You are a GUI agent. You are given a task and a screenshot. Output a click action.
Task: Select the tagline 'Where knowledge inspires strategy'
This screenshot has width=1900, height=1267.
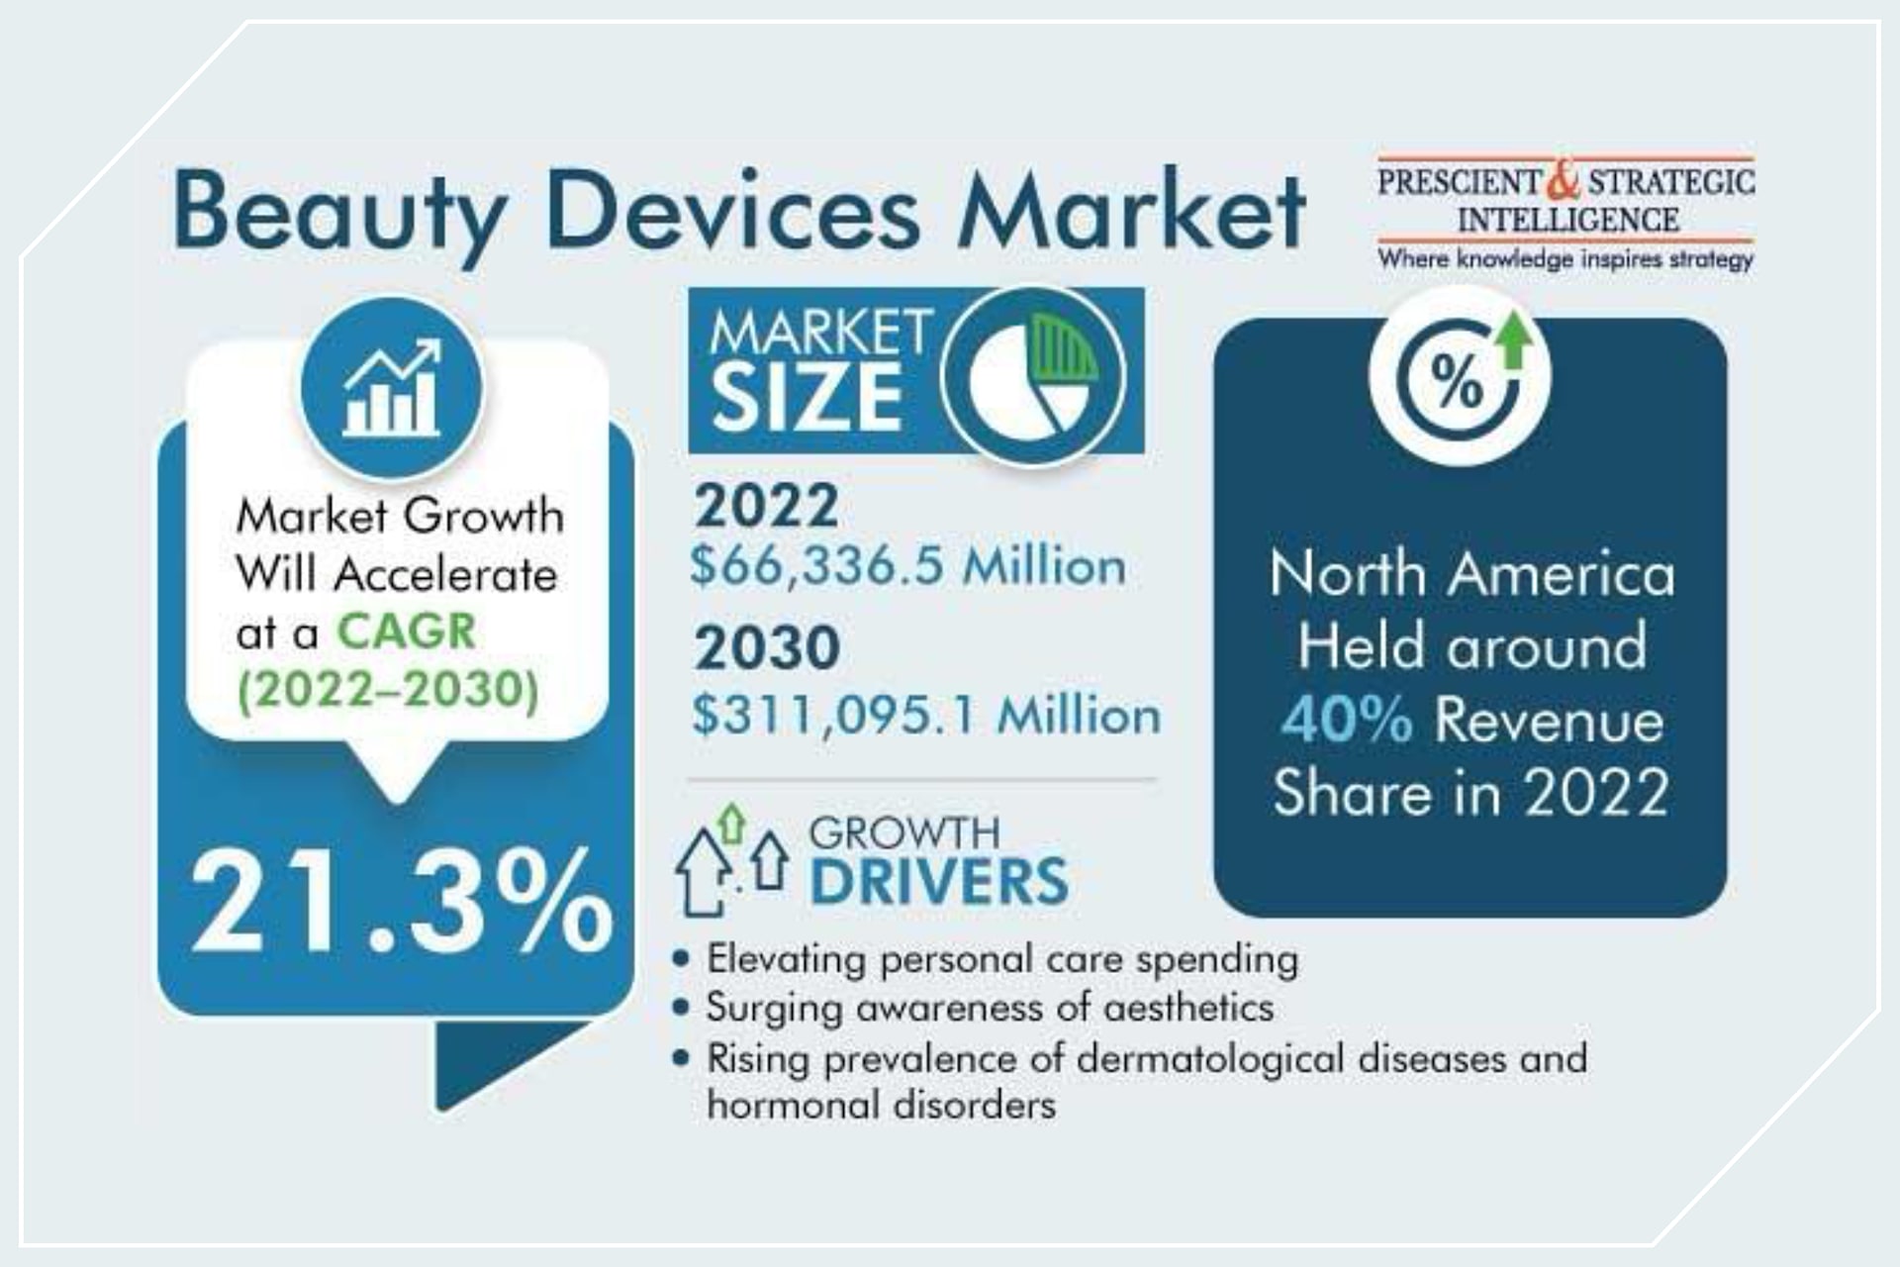pyautogui.click(x=1566, y=260)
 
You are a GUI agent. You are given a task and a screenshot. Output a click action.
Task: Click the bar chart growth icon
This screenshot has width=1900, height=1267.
pyautogui.click(x=392, y=387)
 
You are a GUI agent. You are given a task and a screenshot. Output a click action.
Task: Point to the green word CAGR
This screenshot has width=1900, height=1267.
pyautogui.click(x=406, y=632)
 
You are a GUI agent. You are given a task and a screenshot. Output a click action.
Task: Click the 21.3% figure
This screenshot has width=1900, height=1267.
pyautogui.click(x=402, y=903)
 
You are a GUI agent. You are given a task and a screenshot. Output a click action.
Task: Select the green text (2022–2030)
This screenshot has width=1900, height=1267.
pyautogui.click(x=388, y=690)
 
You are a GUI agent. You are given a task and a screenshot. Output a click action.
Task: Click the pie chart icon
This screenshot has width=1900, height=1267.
pyautogui.click(x=1032, y=376)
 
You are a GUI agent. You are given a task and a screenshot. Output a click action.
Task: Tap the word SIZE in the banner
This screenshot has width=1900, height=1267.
pyautogui.click(x=807, y=399)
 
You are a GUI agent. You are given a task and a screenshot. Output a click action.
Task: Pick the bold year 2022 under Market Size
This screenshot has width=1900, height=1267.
pyautogui.click(x=766, y=506)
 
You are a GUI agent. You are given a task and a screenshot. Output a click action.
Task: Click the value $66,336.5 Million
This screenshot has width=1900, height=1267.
pyautogui.click(x=907, y=567)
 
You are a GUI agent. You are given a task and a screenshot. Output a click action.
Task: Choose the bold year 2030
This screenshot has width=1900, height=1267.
pyautogui.click(x=767, y=648)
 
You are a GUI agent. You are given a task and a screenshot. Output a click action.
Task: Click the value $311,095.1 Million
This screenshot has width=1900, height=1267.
pyautogui.click(x=926, y=715)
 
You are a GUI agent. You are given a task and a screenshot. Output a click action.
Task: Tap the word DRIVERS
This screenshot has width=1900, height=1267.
pyautogui.click(x=939, y=882)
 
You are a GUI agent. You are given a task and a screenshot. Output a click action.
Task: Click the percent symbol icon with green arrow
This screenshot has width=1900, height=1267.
pyautogui.click(x=1460, y=376)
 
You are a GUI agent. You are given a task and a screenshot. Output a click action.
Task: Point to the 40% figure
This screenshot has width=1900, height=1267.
pyautogui.click(x=1346, y=720)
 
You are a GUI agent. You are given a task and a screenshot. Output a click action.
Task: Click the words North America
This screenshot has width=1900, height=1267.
pyautogui.click(x=1472, y=574)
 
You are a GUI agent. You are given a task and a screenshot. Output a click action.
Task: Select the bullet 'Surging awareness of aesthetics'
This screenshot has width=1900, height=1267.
pyautogui.click(x=990, y=1008)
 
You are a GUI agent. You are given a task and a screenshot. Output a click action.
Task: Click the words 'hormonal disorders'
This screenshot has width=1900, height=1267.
pyautogui.click(x=881, y=1105)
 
